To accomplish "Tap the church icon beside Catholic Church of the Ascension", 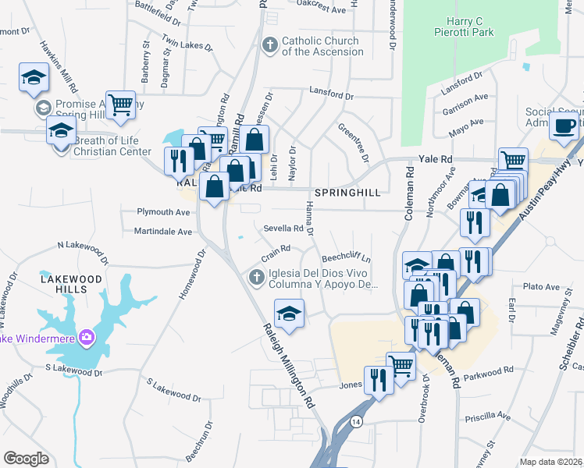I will [270, 44].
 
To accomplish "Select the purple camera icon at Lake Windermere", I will [87, 338].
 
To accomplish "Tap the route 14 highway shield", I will [356, 421].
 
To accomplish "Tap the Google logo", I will [26, 458].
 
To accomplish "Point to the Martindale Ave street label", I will [162, 232].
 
